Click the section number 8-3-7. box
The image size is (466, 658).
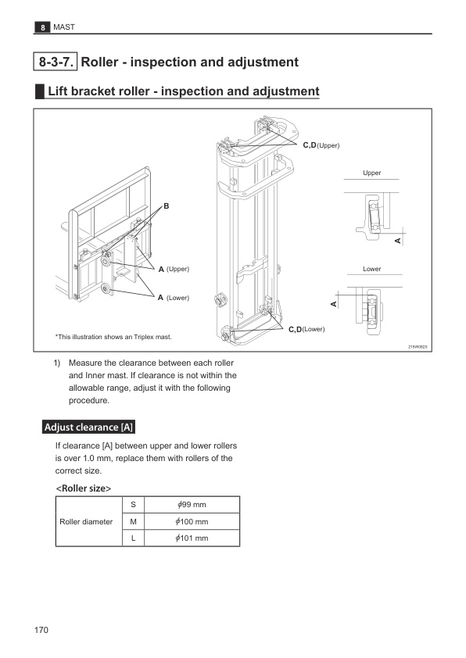[x=56, y=62]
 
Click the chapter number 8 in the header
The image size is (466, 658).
[x=42, y=27]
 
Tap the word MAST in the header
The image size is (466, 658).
[x=64, y=27]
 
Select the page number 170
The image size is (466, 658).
[x=41, y=630]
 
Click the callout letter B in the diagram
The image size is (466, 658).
[x=167, y=206]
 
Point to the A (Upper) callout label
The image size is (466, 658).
[x=174, y=269]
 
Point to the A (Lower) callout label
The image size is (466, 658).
[x=174, y=298]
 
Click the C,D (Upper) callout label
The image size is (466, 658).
[x=321, y=145]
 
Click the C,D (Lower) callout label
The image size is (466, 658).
[x=306, y=330]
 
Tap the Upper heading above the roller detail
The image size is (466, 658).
[x=372, y=173]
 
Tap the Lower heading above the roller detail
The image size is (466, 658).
[x=372, y=269]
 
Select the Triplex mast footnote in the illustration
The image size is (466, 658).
[x=113, y=337]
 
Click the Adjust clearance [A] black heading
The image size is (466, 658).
[x=88, y=427]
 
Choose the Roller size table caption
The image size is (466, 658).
[x=84, y=488]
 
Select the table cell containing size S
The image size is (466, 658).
[x=134, y=505]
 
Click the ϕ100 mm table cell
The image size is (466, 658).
[x=192, y=521]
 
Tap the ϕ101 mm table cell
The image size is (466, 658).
[x=192, y=538]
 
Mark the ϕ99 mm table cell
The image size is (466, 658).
[x=192, y=505]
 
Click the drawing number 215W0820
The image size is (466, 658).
[x=418, y=347]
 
